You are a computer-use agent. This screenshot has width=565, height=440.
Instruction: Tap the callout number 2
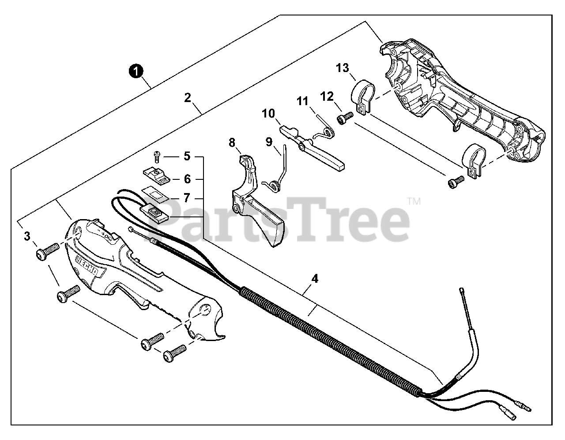tap(188, 97)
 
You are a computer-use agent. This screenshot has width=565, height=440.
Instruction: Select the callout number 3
tap(27, 236)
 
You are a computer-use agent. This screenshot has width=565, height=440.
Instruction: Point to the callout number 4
tap(315, 279)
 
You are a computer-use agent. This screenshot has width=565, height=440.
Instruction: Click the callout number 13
tap(342, 68)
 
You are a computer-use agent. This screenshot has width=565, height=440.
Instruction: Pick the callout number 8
tap(232, 142)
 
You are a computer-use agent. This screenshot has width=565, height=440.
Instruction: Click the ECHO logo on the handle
tap(88, 265)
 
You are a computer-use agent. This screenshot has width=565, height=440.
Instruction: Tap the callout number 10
tap(268, 114)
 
